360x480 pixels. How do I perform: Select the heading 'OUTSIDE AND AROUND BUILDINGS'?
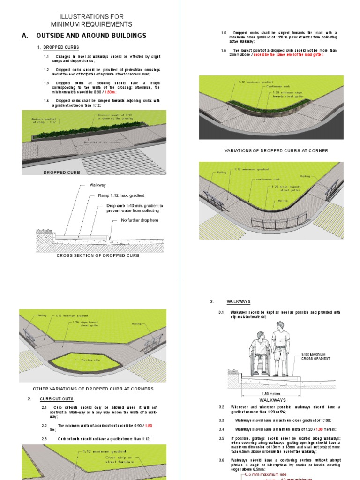pos(91,36)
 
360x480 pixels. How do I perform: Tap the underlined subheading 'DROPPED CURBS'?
pos(61,47)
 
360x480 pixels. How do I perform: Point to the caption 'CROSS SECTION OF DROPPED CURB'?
pos(98,255)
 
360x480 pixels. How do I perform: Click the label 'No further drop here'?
pos(140,220)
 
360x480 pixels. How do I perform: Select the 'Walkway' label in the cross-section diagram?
pos(99,185)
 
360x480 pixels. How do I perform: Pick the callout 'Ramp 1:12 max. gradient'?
pos(121,195)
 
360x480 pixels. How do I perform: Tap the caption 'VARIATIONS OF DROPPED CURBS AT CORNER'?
pos(270,150)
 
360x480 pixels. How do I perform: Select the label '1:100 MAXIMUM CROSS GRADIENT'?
pos(316,356)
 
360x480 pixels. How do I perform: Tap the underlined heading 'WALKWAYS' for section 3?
pos(239,302)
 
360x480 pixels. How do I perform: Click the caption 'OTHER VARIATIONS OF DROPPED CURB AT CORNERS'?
pos(93,389)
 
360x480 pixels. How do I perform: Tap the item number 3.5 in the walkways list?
pos(222,438)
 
